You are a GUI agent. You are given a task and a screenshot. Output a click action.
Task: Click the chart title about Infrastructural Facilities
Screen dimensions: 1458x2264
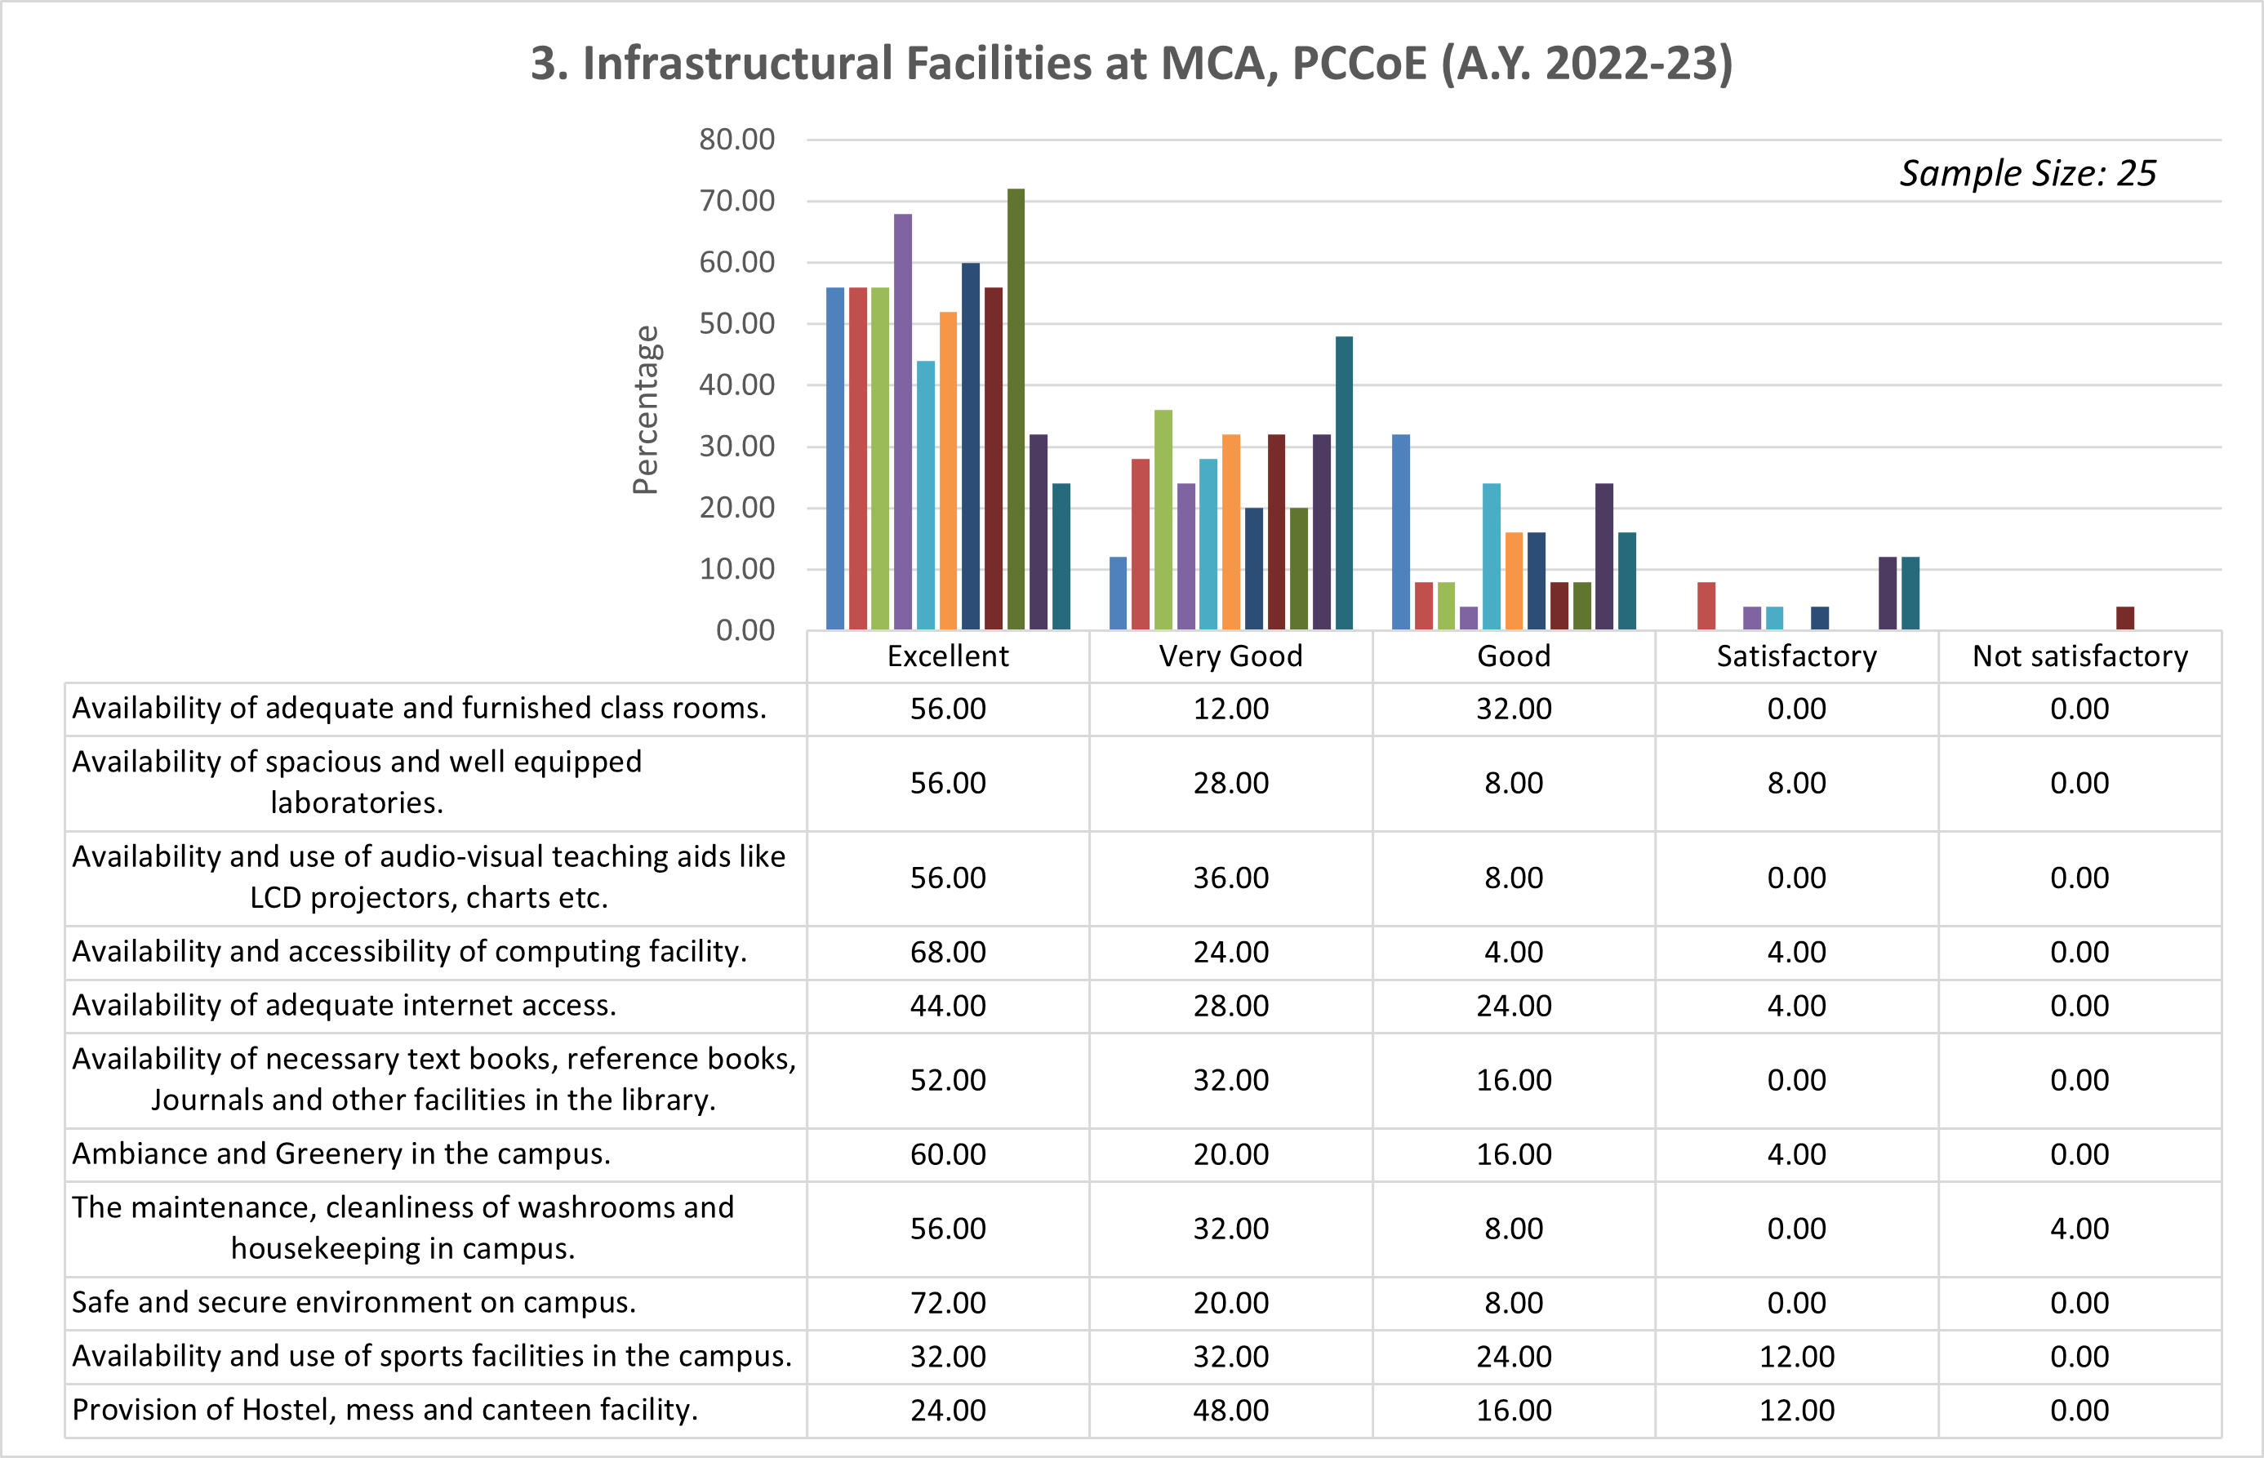pos(1132,64)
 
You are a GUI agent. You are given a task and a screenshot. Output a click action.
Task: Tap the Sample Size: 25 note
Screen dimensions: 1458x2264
pos(2027,173)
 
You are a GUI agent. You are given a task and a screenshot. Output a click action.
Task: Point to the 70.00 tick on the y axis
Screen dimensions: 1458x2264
pos(736,201)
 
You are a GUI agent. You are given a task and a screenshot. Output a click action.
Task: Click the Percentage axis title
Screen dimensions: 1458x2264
pos(646,410)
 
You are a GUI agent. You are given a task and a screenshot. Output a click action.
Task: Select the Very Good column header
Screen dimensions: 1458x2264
pos(1230,656)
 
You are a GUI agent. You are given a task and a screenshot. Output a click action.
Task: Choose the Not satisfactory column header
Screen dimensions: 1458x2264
pos(2079,656)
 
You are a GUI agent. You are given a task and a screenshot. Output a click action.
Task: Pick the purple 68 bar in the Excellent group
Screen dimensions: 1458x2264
pos(903,421)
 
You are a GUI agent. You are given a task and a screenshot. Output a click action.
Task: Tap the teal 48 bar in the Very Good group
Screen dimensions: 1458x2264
pos(1344,482)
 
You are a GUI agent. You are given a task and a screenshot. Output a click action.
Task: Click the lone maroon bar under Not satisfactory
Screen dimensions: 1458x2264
pos(2126,618)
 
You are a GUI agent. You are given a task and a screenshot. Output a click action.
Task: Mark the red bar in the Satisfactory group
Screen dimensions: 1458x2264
pos(1706,606)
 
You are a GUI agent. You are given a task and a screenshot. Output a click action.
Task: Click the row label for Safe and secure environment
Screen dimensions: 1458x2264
pos(354,1303)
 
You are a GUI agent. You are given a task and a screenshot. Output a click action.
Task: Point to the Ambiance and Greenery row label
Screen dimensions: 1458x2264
pos(341,1154)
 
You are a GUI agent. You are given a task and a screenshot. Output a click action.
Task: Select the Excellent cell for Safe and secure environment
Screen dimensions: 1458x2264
pos(948,1303)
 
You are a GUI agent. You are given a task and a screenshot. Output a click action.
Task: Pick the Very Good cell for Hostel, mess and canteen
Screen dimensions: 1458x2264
pos(1230,1411)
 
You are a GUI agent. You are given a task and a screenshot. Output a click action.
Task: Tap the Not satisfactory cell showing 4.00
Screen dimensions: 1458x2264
pos(2079,1229)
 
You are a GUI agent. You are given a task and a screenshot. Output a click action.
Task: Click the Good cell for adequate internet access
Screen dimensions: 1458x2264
pos(1513,1006)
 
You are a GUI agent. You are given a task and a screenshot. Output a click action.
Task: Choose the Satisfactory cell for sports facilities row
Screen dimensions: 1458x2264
pos(1796,1357)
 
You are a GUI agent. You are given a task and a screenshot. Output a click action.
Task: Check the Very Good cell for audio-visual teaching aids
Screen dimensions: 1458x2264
pos(1230,878)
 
